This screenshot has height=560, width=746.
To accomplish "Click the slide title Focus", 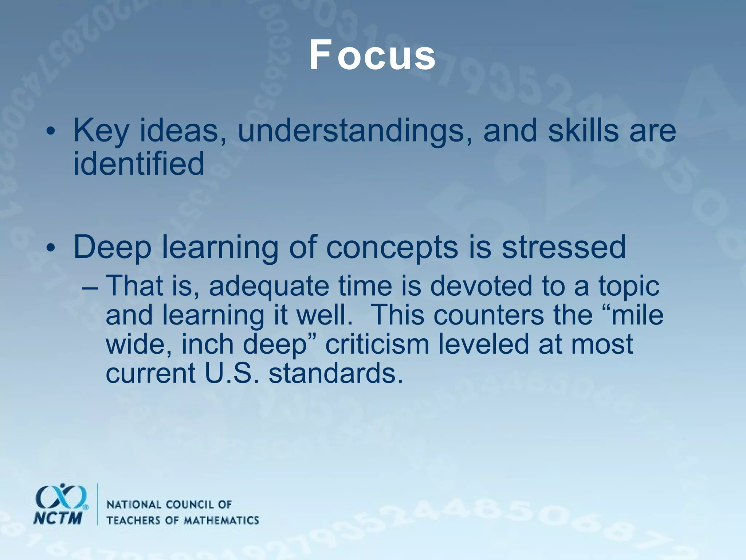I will point(372,55).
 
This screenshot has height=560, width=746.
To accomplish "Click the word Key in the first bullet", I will point(101,132).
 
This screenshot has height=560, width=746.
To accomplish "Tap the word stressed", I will point(564,247).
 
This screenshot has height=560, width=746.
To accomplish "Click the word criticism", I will point(377,344).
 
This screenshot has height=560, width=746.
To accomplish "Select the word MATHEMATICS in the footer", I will point(221,520).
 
